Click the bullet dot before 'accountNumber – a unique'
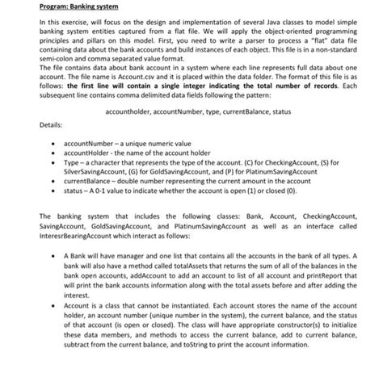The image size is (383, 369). coord(54,161)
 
